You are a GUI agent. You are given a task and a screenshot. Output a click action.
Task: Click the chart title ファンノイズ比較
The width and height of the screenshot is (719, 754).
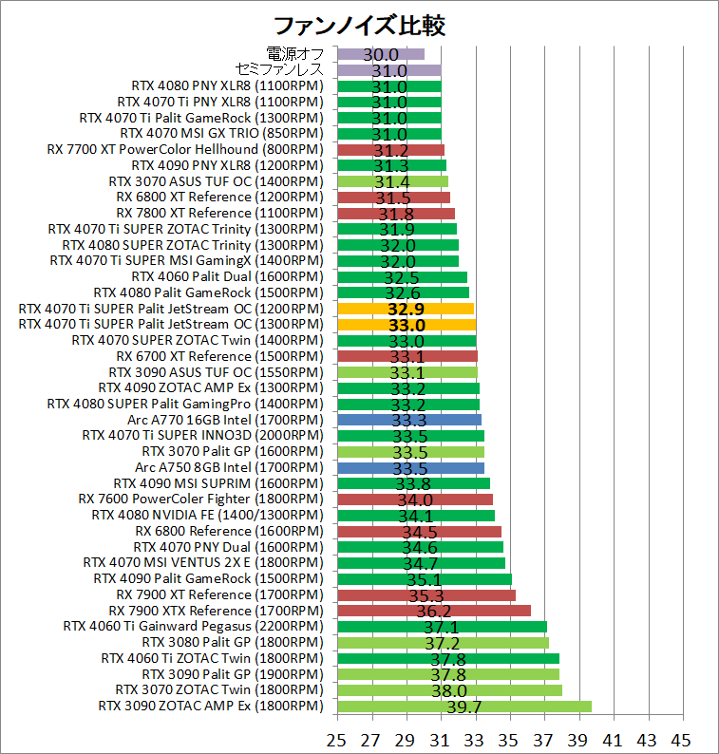pyautogui.click(x=359, y=24)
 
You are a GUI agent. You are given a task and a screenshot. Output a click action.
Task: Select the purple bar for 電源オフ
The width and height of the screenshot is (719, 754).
pyautogui.click(x=381, y=54)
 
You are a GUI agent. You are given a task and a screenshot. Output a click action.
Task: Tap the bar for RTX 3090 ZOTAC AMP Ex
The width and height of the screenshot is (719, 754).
pyautogui.click(x=464, y=707)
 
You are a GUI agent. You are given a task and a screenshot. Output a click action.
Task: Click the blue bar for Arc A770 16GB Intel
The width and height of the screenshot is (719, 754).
pyautogui.click(x=408, y=420)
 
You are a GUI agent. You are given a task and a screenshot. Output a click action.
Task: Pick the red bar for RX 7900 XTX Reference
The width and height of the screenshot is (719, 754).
pyautogui.click(x=433, y=611)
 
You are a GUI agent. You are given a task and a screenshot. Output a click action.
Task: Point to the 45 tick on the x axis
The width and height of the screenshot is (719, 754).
pyautogui.click(x=680, y=739)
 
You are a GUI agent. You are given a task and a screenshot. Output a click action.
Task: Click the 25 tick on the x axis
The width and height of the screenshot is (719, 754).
pyautogui.click(x=336, y=739)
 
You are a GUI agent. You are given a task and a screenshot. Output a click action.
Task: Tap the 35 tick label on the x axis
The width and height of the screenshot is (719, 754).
pyautogui.click(x=508, y=739)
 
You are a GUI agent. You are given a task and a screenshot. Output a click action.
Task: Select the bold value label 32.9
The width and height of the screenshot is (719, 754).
pyautogui.click(x=407, y=309)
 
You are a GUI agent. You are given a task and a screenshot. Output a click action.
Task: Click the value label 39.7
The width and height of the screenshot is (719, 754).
pyautogui.click(x=464, y=707)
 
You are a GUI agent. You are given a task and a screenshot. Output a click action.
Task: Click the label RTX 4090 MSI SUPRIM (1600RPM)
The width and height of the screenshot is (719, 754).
pyautogui.click(x=218, y=483)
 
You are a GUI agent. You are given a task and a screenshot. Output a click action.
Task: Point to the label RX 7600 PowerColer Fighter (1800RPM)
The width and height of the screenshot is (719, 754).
pyautogui.click(x=200, y=500)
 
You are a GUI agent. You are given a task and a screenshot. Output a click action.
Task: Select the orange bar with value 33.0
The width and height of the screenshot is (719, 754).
pyautogui.click(x=407, y=325)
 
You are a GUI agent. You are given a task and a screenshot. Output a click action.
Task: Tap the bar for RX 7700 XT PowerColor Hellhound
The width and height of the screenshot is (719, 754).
pyautogui.click(x=390, y=149)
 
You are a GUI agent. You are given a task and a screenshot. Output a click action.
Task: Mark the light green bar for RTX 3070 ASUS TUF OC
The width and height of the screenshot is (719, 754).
pyautogui.click(x=392, y=181)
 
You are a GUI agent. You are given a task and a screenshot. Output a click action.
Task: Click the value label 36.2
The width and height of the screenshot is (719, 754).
pyautogui.click(x=433, y=611)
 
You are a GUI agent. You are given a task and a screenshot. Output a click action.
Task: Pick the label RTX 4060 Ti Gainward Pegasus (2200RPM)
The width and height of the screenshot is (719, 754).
pyautogui.click(x=193, y=627)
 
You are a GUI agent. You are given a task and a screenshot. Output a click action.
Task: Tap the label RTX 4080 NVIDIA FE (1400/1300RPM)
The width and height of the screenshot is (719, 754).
pyautogui.click(x=207, y=515)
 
